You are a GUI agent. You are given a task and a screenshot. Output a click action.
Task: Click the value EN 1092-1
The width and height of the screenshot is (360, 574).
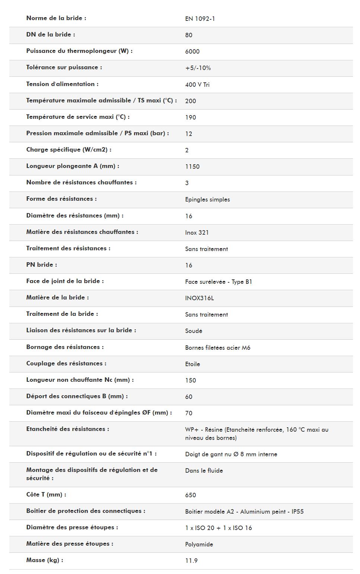(x=200, y=19)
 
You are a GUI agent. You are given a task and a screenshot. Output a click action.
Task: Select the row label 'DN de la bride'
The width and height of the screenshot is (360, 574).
(x=51, y=35)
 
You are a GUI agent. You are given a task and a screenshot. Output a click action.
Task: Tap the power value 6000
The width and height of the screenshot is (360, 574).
(x=192, y=51)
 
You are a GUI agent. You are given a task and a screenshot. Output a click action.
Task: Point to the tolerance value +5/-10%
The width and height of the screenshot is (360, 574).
(x=198, y=68)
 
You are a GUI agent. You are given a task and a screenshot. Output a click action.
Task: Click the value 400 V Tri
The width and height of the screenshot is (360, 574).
(x=197, y=85)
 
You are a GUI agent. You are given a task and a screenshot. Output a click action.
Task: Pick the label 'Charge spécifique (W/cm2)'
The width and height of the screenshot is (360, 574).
(x=69, y=150)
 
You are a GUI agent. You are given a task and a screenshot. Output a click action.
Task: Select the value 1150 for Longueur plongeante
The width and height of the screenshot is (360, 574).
(x=192, y=167)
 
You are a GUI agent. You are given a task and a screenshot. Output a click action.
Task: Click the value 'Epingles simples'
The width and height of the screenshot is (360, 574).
(x=207, y=199)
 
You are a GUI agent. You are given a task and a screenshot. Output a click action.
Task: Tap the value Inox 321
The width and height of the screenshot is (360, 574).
(x=197, y=232)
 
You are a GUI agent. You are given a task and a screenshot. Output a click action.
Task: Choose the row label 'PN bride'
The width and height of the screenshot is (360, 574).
(x=42, y=265)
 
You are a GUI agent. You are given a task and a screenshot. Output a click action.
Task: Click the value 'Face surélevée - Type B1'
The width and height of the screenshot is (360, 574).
(x=218, y=282)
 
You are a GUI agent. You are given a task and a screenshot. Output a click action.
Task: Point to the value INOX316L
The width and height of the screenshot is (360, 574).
(x=199, y=298)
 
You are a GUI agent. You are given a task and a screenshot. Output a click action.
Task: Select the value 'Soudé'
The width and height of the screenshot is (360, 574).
(x=194, y=331)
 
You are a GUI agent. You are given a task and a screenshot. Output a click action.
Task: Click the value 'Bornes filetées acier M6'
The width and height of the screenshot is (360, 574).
(x=217, y=348)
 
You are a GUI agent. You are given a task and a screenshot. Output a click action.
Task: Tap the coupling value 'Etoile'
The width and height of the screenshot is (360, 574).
(x=192, y=364)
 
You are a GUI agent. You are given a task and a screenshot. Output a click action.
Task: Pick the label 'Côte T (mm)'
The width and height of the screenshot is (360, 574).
(x=46, y=495)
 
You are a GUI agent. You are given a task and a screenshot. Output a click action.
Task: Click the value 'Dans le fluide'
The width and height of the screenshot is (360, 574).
(x=204, y=470)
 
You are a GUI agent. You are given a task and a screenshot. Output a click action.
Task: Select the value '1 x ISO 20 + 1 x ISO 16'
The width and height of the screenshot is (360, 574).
(x=218, y=528)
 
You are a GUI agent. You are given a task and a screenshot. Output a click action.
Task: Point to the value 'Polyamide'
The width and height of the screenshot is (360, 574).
(x=199, y=544)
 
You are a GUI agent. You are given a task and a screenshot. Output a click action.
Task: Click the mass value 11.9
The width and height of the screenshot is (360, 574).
(x=191, y=561)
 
